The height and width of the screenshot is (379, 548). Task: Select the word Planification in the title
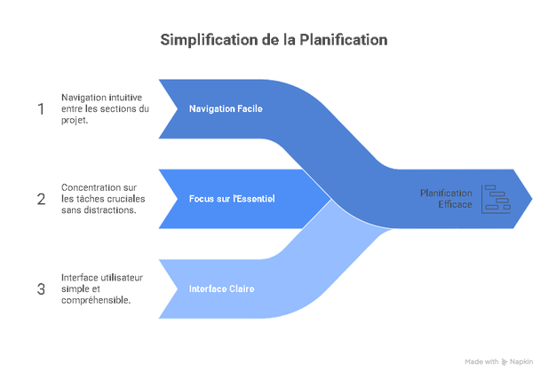pos(342,40)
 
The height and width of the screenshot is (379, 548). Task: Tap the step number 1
pos(40,108)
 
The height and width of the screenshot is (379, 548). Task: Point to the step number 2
pos(40,199)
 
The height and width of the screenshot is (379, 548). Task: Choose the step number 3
pos(40,288)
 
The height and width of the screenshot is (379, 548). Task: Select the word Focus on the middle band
pos(203,199)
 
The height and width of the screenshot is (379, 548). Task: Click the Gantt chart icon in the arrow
pos(493,199)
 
